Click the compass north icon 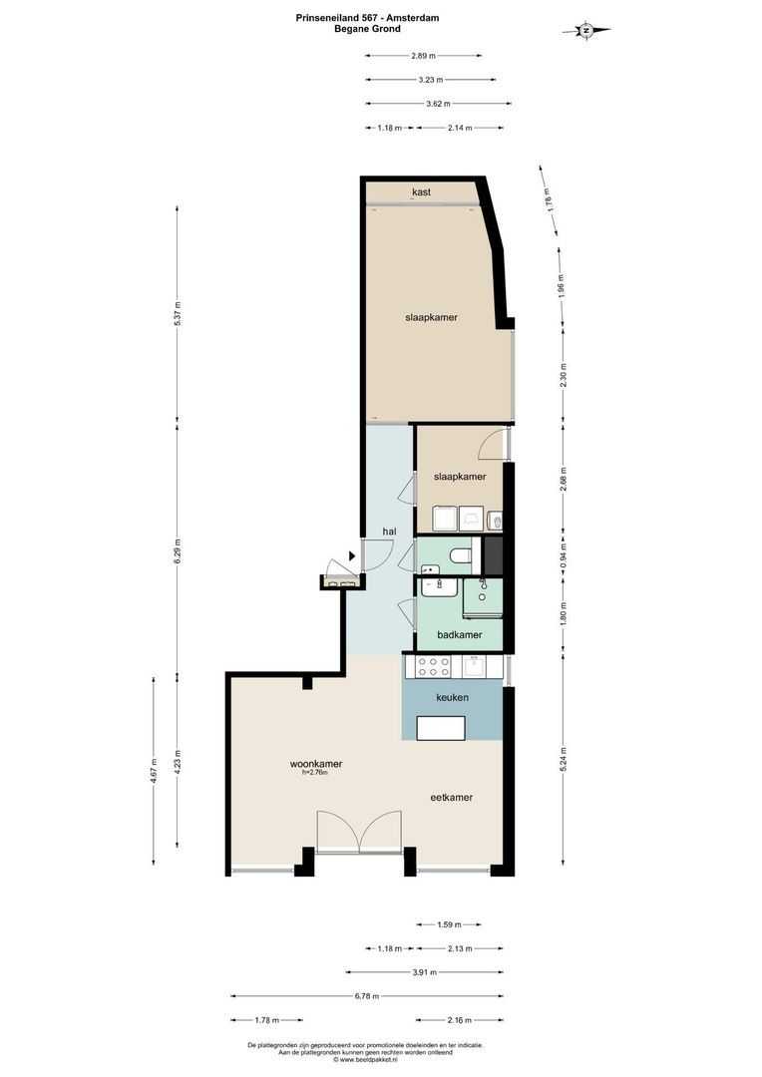click(587, 30)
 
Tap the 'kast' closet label click(421, 192)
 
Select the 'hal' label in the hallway click(390, 532)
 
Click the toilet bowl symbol click(460, 554)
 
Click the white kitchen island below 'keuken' click(442, 728)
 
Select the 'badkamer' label click(461, 634)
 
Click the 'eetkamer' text click(451, 798)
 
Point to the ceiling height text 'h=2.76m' click(314, 773)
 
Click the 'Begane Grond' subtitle click(367, 29)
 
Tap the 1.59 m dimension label click(450, 925)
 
